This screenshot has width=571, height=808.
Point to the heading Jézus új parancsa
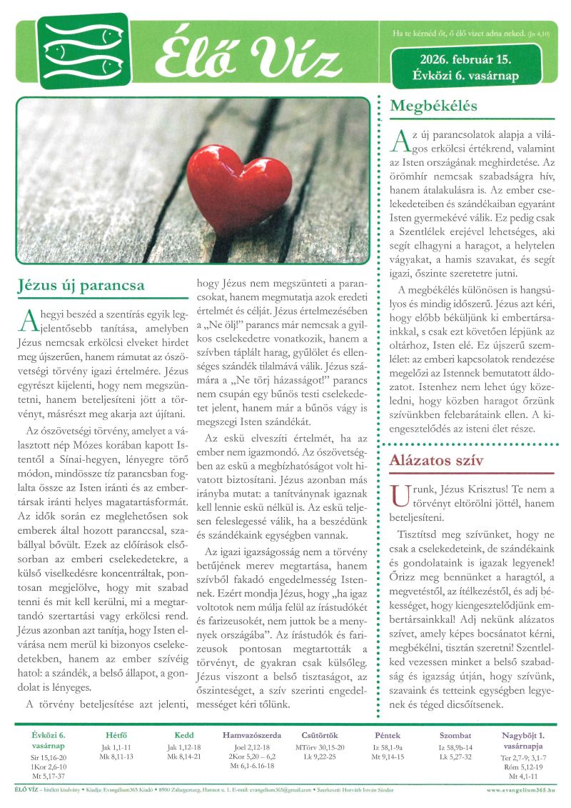pyautogui.click(x=81, y=286)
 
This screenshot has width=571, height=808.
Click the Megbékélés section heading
pyautogui.click(x=433, y=106)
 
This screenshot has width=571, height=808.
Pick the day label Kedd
pyautogui.click(x=184, y=735)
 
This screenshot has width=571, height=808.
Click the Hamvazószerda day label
pyautogui.click(x=252, y=735)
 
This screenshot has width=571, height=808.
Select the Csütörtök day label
pyautogui.click(x=320, y=735)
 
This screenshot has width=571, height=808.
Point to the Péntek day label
pyautogui.click(x=388, y=735)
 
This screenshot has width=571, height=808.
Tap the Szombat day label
pyautogui.click(x=455, y=735)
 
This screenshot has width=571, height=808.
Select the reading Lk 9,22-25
pyautogui.click(x=320, y=756)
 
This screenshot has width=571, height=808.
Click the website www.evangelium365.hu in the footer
pyautogui.click(x=522, y=790)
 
